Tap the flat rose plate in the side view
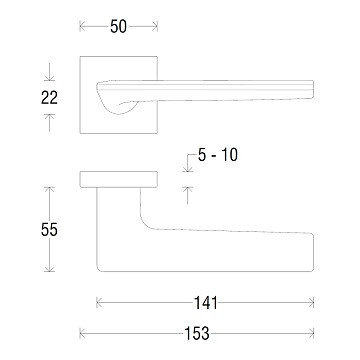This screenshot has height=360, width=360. [119, 179]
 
